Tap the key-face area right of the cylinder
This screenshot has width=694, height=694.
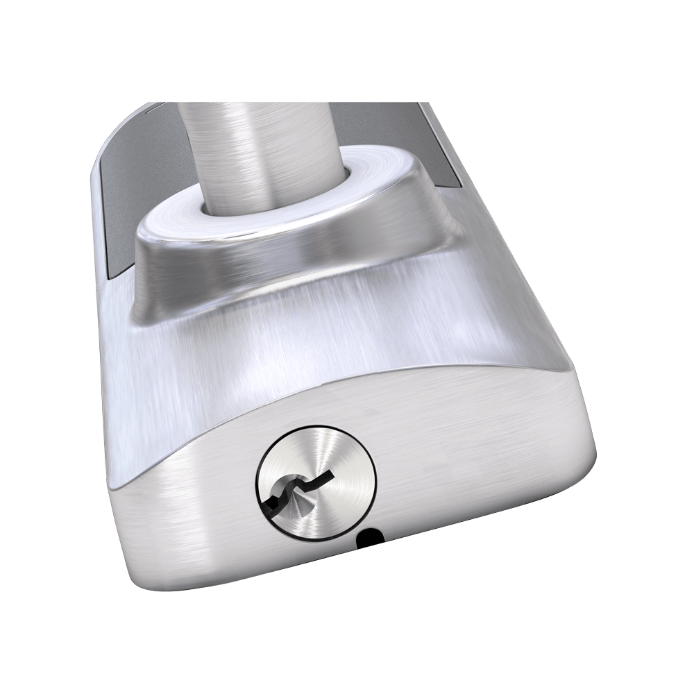pyautogui.click(x=472, y=479)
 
